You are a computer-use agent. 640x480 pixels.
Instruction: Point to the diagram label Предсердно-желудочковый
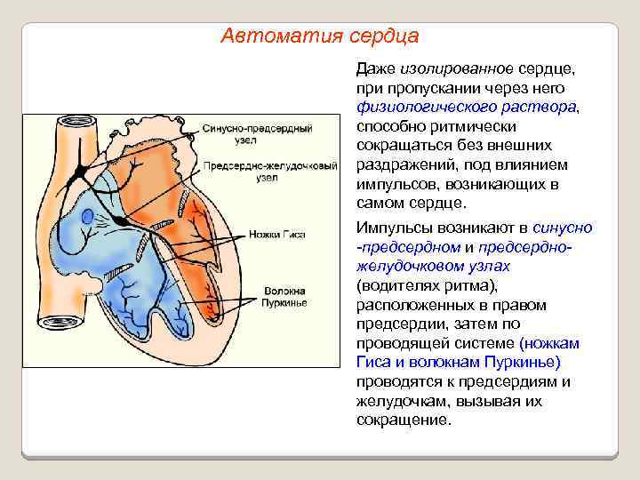pyautogui.click(x=269, y=166)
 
